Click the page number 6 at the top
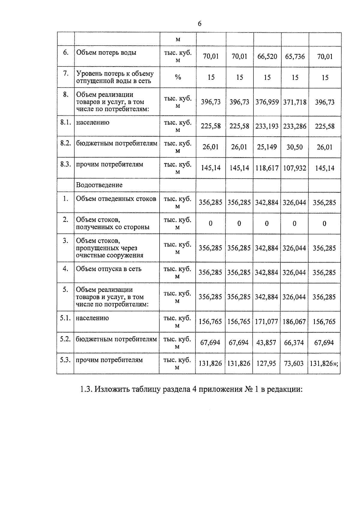coord(199,24)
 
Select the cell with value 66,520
coord(267,56)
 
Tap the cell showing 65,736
coord(295,56)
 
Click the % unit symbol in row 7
coord(178,77)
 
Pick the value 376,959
coord(267,102)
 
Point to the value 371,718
coord(295,102)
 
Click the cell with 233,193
coord(267,126)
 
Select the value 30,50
coord(295,147)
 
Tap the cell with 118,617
coord(267,168)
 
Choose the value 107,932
coord(295,168)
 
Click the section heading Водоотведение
coord(99,185)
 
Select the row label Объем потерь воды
coord(106,53)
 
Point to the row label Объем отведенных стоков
coord(116,199)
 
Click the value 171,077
coord(267,322)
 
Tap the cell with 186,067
coord(294,322)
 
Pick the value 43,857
coord(266,343)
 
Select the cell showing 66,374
coord(294,343)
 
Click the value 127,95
coord(266,364)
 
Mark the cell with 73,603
coord(294,364)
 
